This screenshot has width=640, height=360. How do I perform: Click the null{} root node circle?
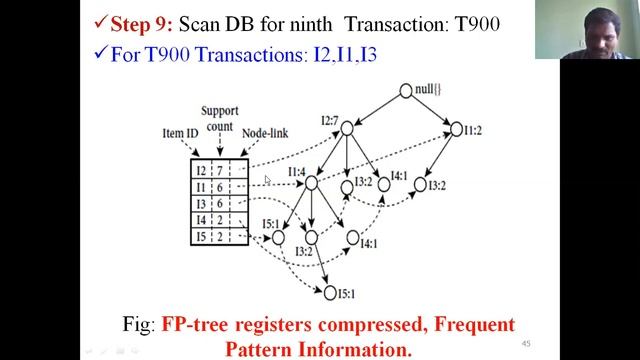pos(406,91)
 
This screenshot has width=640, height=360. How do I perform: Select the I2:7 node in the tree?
pos(347,128)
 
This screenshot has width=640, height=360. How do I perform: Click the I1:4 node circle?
pos(311,183)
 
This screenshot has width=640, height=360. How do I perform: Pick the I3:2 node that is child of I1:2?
pos(421,185)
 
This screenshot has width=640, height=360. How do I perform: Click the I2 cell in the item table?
pos(201,170)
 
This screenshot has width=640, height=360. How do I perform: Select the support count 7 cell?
pos(219,170)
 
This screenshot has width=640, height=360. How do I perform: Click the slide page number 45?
pos(526,344)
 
